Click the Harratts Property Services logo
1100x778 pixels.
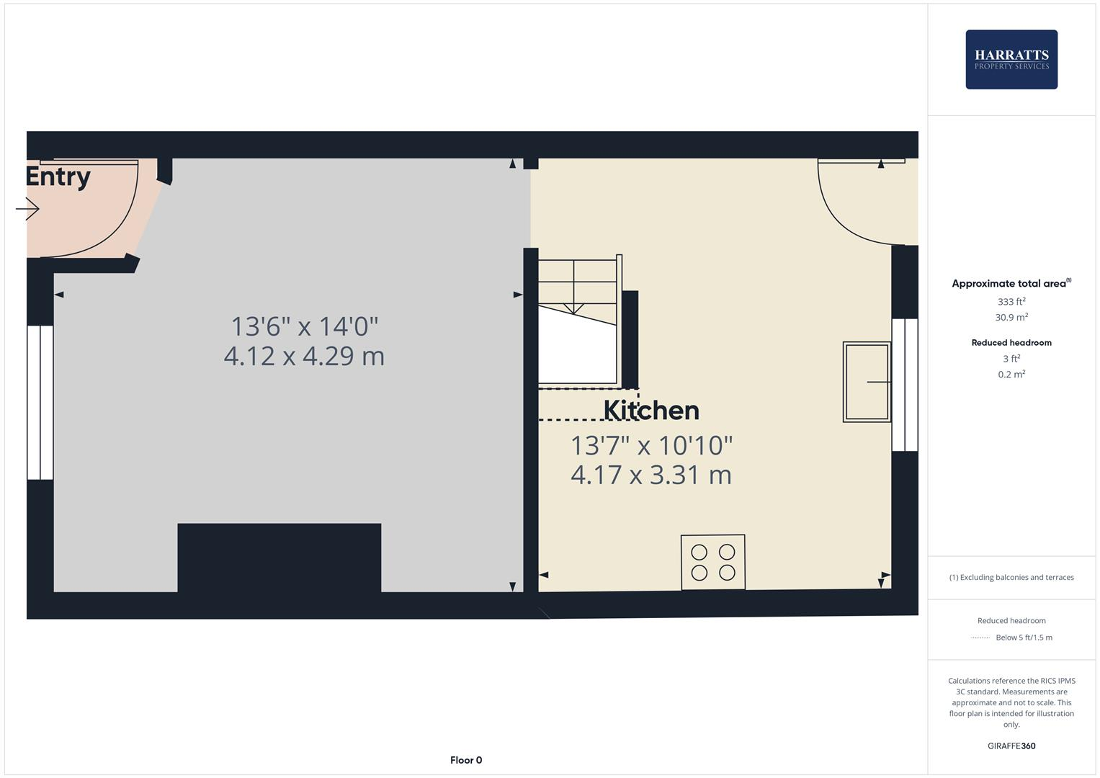coord(1011,59)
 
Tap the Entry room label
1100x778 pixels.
coord(58,176)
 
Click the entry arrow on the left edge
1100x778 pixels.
coord(27,210)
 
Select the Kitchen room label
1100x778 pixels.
coord(651,410)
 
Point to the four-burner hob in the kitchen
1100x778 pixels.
coord(713,562)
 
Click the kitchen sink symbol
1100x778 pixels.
coord(867,382)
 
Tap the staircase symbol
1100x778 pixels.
coord(578,321)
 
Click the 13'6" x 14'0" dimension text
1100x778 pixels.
coord(304,326)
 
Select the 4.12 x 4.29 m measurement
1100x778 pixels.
coord(304,356)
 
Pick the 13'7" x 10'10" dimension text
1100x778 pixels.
coord(651,445)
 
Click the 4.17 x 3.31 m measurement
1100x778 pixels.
coord(651,475)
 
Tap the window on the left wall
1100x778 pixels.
coord(40,402)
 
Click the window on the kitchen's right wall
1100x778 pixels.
coord(905,385)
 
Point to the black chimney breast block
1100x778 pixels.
coord(279,558)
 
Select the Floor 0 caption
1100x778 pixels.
coord(466,760)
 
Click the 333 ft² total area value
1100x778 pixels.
coord(1011,302)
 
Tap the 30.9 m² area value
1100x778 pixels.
coord(1011,317)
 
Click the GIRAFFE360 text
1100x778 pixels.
coord(1011,746)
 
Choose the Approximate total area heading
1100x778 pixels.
coord(1011,284)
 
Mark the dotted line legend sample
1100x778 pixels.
coord(980,638)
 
